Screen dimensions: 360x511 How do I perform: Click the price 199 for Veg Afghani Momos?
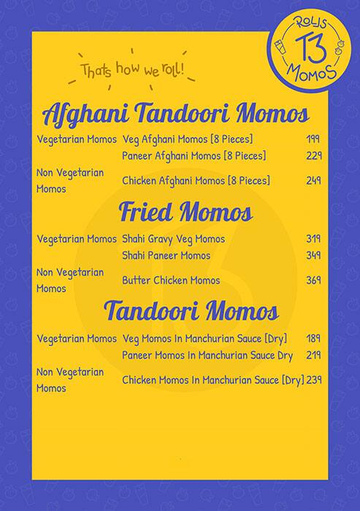click(314, 139)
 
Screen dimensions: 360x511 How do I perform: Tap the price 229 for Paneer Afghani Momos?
click(314, 155)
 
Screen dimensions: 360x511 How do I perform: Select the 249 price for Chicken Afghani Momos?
click(314, 180)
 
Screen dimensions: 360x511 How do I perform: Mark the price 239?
click(315, 380)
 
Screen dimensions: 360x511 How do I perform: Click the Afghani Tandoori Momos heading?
click(176, 115)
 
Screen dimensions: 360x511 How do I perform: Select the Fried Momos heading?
click(185, 212)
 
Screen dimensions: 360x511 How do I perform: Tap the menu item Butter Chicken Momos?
click(171, 280)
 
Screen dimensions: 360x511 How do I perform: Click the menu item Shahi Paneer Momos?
click(166, 255)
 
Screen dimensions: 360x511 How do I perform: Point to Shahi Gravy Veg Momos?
click(173, 239)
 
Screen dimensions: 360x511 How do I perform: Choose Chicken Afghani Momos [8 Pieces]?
click(196, 180)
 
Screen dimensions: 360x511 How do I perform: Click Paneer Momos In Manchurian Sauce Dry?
click(207, 356)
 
